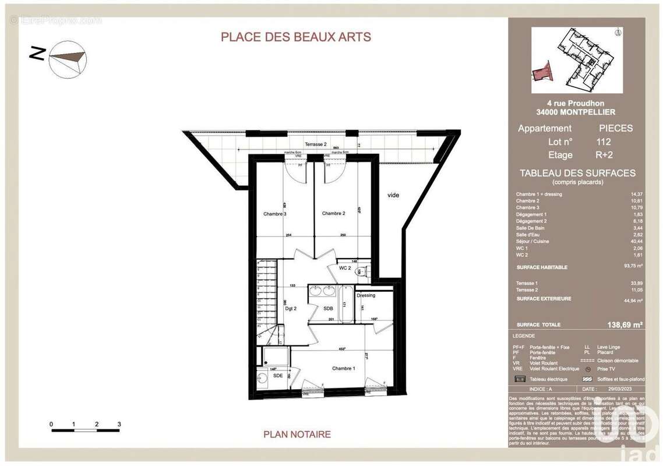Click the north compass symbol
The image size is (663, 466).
[68, 59]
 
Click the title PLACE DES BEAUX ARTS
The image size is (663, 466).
[295, 37]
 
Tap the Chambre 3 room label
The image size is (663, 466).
[274, 214]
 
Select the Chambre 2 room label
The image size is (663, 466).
[334, 214]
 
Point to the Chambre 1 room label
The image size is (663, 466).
[343, 368]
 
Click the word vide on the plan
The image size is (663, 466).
[393, 195]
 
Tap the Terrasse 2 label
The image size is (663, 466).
[316, 144]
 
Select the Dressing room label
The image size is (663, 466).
[366, 295]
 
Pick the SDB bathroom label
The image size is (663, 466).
[329, 308]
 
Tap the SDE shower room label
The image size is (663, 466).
[277, 375]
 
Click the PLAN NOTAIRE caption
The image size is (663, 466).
[297, 434]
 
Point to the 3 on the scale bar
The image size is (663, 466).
[119, 423]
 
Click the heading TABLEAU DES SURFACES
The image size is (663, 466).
[577, 173]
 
